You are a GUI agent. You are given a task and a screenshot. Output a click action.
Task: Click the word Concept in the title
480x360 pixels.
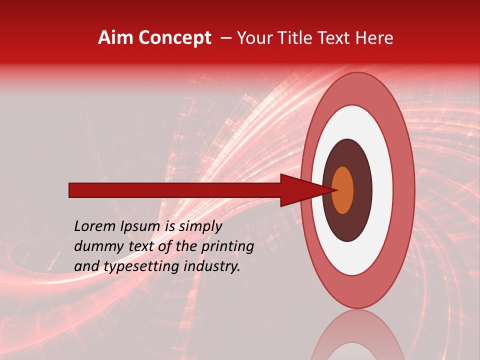(x=174, y=38)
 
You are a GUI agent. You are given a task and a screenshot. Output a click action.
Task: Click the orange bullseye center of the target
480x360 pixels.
(x=342, y=190)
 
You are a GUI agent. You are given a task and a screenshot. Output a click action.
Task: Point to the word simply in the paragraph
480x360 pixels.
(x=200, y=226)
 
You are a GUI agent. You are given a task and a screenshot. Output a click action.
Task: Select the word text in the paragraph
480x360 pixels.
(x=150, y=246)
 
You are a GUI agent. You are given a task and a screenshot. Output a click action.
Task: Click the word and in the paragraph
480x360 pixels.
(x=85, y=266)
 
